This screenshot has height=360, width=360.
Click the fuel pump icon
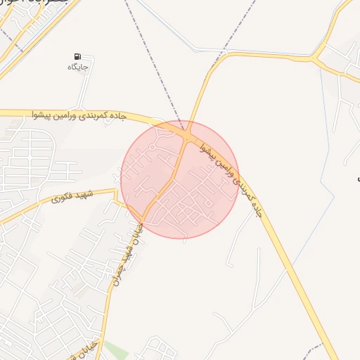pos(77,56)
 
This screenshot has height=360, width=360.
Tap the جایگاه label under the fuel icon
pos(77,67)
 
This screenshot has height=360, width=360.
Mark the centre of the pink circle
pos(180,179)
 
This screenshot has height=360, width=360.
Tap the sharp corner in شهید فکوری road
pos(115,191)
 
